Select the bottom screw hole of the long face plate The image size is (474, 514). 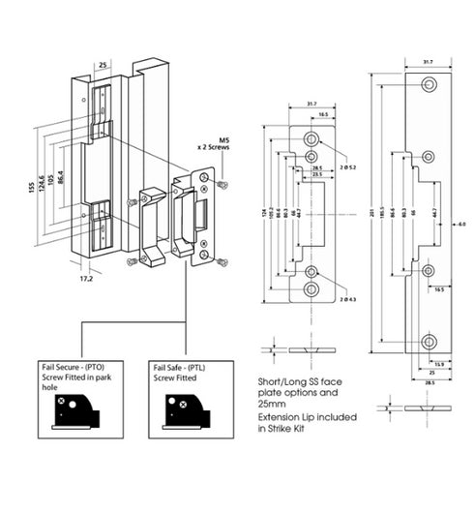pos(427,341)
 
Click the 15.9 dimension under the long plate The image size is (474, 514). pos(439,364)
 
